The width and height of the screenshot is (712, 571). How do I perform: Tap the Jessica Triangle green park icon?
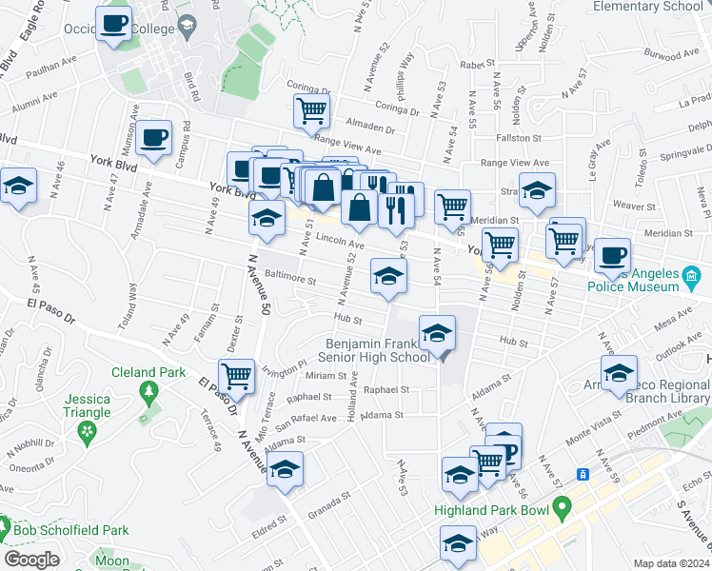[x=89, y=433]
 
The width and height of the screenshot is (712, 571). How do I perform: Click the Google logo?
[x=31, y=560]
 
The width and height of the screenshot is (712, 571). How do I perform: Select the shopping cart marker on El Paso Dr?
[x=235, y=375]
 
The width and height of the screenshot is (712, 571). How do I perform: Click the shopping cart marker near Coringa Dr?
[x=311, y=111]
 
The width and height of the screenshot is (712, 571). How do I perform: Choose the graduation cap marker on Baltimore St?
[x=387, y=277]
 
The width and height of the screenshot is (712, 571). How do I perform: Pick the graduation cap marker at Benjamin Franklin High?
[x=437, y=333]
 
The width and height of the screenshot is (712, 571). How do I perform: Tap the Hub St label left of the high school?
[x=345, y=319]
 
